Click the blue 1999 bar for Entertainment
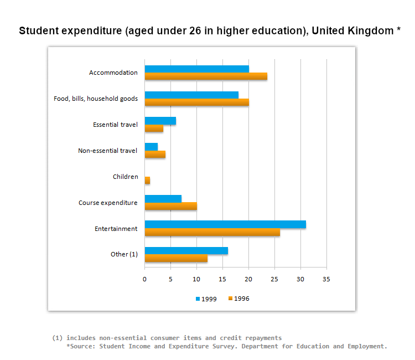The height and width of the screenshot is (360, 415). click(225, 224)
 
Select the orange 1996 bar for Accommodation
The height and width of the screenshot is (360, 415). click(206, 76)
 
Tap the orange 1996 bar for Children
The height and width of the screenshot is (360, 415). click(147, 181)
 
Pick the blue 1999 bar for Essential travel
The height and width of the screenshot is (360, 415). click(160, 121)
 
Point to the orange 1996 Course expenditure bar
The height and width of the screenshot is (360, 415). click(170, 207)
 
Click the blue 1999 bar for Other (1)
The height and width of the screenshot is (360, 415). click(186, 250)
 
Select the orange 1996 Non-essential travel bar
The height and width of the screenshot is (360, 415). click(155, 155)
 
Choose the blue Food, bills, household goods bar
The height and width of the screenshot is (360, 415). click(191, 95)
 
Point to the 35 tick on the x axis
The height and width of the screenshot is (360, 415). click(326, 279)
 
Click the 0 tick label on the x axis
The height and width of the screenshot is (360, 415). click(145, 279)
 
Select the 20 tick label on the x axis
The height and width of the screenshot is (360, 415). click(248, 279)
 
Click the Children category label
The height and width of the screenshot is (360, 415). click(125, 177)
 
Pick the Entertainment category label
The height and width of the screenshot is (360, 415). click(116, 228)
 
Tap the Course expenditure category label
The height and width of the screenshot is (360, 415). click(107, 203)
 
